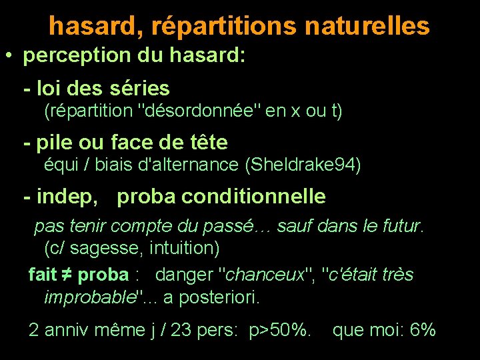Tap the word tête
(206, 142)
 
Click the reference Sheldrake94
(303, 164)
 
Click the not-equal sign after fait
(68, 275)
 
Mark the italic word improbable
(89, 297)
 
